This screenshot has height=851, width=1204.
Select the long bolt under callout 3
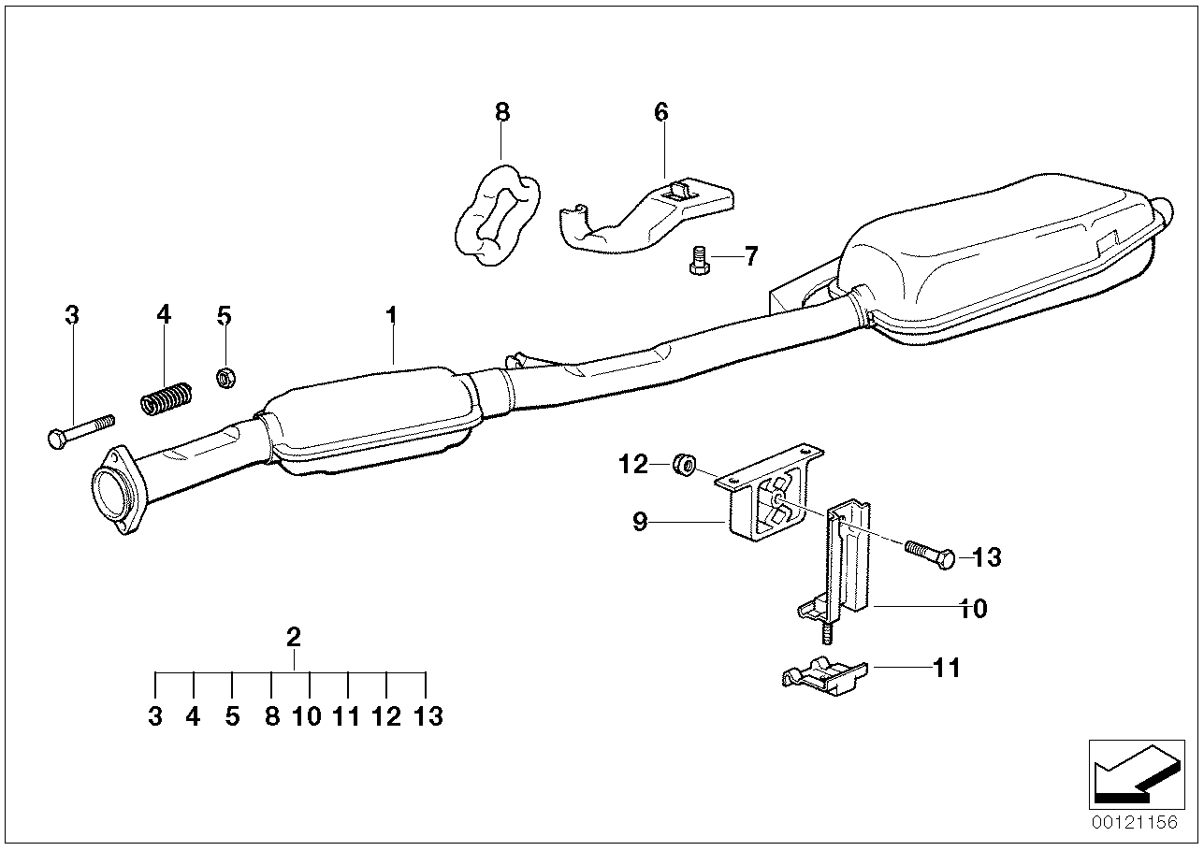click(x=79, y=429)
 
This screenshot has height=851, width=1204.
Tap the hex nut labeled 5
click(x=225, y=377)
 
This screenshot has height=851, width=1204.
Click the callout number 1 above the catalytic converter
click(x=392, y=316)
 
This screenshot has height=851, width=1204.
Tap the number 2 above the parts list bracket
click(x=293, y=638)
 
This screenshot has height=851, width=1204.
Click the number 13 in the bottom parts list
click(x=428, y=717)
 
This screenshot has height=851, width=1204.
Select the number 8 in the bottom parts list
click(x=271, y=717)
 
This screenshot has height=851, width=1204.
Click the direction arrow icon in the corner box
click(x=1131, y=772)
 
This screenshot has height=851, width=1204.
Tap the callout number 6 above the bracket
click(x=661, y=113)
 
